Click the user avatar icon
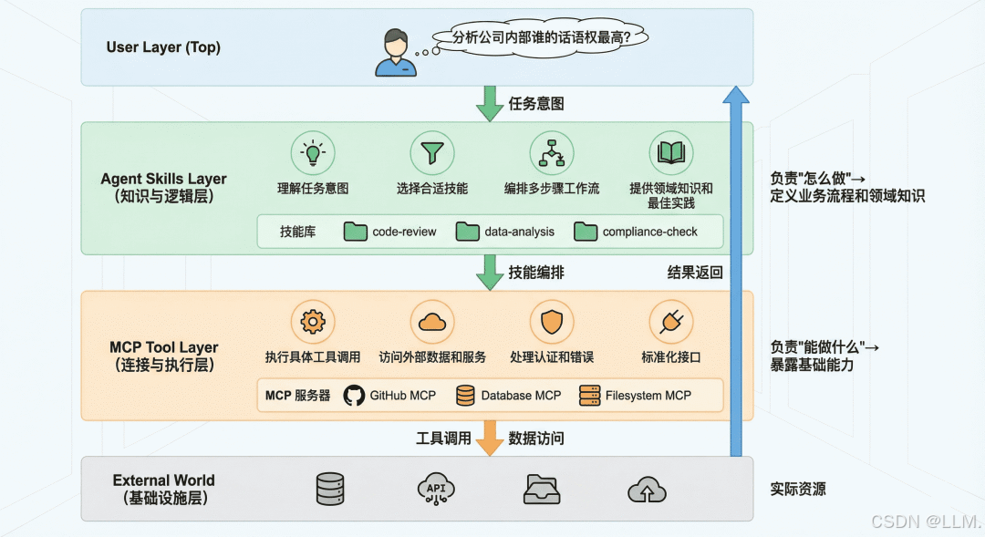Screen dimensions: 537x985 coord(395,53)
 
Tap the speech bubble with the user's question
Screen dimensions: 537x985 coord(550,37)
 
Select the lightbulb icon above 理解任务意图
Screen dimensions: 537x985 coord(313,153)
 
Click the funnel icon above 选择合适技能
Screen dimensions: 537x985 coord(431,153)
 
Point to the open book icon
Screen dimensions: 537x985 coord(671,153)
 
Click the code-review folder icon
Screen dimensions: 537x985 coord(356,232)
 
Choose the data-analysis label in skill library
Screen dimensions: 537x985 coord(519,232)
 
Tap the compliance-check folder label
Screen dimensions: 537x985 coord(649,232)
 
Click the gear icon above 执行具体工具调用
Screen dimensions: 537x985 coord(313,322)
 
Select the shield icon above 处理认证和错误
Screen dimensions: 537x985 coord(552,322)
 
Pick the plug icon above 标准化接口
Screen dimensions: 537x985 coord(671,322)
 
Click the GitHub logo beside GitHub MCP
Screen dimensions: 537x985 coord(354,396)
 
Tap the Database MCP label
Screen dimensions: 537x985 coord(521,396)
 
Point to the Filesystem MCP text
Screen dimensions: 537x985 coord(648,396)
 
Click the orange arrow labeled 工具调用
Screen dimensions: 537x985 coord(490,438)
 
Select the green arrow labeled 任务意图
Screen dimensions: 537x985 coord(490,103)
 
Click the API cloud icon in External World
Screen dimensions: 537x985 coord(435,490)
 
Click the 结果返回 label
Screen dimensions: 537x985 coord(695,272)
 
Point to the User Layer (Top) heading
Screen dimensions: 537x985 coord(163,47)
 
